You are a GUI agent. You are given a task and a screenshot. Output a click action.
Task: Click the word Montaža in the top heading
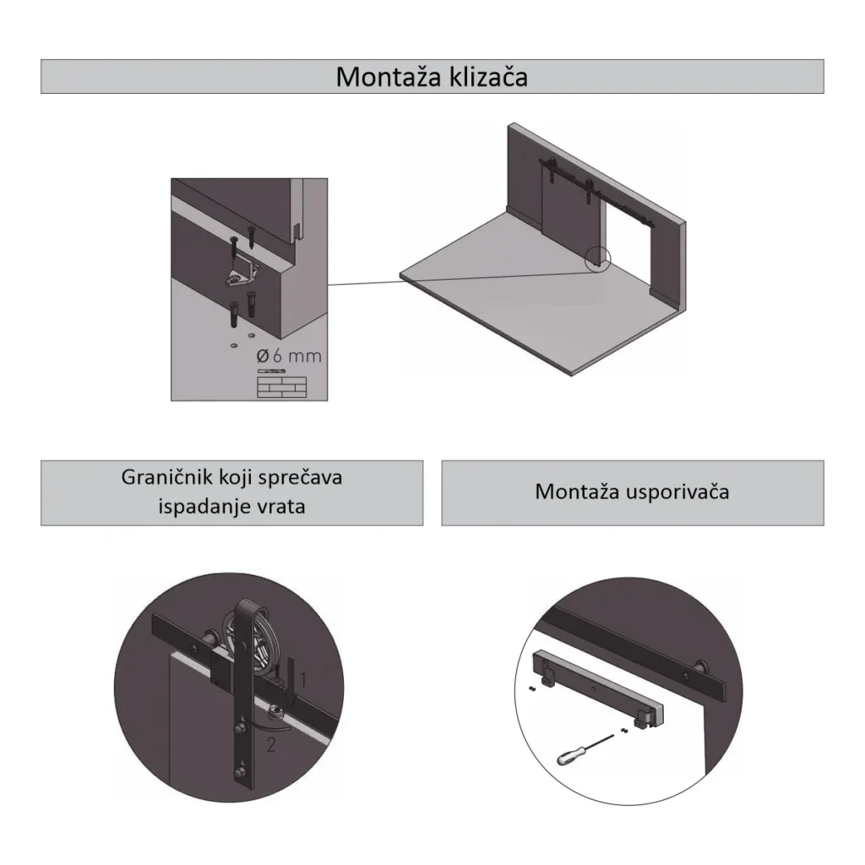point(389,77)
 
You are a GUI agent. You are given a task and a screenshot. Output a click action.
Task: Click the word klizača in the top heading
point(488,77)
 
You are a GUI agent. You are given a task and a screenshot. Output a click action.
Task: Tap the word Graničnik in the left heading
point(167,478)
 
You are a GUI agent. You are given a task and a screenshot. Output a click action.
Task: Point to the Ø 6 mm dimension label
point(289,356)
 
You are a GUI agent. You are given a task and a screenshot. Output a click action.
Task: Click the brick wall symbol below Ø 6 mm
point(282,387)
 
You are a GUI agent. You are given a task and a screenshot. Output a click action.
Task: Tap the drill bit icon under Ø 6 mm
point(271,371)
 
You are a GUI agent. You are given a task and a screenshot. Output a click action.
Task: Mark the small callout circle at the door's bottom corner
point(598,258)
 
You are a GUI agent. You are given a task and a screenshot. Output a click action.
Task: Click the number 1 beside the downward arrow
point(303,680)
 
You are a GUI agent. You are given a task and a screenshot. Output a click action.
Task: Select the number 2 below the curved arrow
point(271,745)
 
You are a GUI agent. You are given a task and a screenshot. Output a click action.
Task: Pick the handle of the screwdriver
point(572,755)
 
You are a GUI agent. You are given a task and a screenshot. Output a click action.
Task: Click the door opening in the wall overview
point(628,247)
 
